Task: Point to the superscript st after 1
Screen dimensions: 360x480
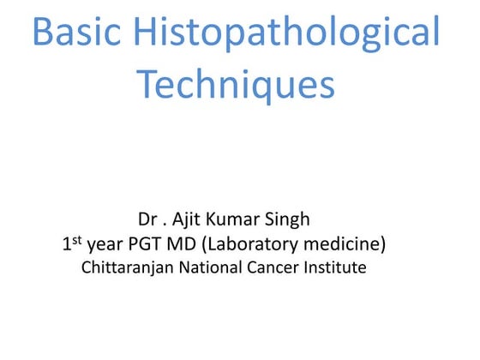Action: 75,239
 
